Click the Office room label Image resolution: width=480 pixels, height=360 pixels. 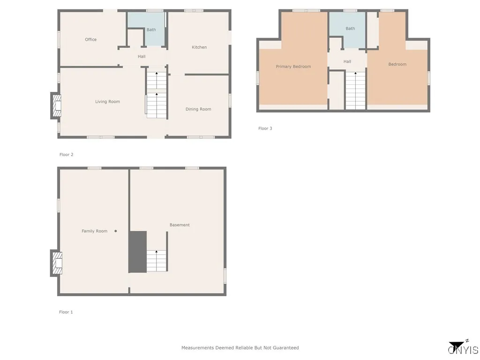pos(91,40)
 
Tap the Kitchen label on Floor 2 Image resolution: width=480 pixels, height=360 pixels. pos(199,47)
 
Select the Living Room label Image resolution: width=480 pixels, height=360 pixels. pos(107,102)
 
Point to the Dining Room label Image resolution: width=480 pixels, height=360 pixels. pos(198,109)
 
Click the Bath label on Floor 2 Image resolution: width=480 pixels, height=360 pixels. pos(151,30)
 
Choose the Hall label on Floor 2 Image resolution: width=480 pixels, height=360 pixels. pos(142,57)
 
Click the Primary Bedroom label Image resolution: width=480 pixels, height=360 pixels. pos(293,67)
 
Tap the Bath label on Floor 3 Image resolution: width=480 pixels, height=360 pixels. pos(350,29)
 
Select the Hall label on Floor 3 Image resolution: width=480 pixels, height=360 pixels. pos(347,62)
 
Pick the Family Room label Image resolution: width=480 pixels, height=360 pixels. pos(94,231)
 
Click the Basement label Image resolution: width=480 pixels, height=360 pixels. pos(180,225)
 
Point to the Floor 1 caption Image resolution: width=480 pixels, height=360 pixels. pos(66,312)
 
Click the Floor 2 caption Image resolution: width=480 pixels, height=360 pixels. pos(67,155)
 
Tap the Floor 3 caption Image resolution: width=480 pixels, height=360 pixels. pos(265,128)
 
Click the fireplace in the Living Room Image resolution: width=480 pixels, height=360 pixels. pos(56,105)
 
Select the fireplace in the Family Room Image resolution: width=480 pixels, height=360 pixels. pos(56,263)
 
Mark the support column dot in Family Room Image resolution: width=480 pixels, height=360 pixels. pos(116,231)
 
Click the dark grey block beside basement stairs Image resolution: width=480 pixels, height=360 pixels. pos(137,252)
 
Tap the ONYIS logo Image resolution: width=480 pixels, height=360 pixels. pos(463,348)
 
